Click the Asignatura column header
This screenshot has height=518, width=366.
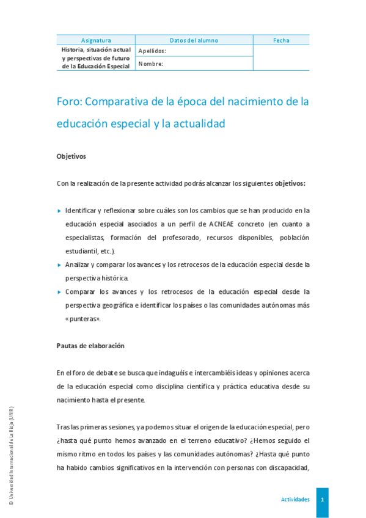point(96,40)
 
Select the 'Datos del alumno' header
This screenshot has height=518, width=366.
point(194,40)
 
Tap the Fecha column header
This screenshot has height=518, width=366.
point(281,40)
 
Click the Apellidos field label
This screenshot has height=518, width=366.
point(152,51)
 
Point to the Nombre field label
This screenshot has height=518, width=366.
point(150,64)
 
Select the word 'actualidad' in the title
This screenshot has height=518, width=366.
point(197,123)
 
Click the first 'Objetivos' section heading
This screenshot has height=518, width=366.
point(71,156)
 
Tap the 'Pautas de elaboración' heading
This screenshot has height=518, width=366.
point(90,346)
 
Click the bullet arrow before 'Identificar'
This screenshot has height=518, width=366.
point(59,211)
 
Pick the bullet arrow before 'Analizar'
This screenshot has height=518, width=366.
point(59,265)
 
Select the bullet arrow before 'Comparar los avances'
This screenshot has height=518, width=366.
point(59,292)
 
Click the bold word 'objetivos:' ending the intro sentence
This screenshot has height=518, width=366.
point(290,183)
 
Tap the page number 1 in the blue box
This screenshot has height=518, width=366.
point(322,500)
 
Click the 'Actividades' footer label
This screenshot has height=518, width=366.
point(295,500)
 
